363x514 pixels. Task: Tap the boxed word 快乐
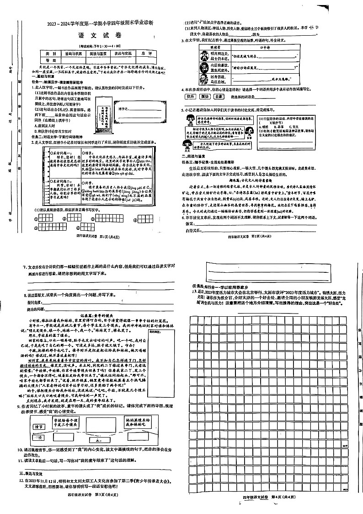tap(191, 97)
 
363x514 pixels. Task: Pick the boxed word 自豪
tap(219, 97)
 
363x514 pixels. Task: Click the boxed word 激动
tap(205, 97)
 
